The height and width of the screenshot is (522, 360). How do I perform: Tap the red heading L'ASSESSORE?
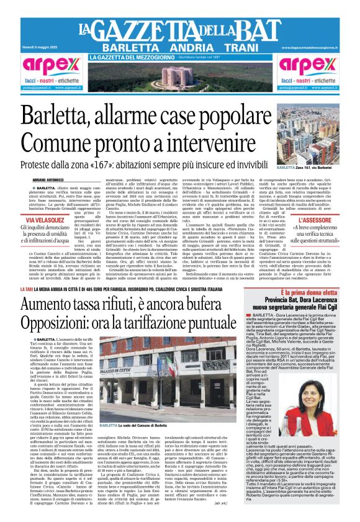coord(314,220)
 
